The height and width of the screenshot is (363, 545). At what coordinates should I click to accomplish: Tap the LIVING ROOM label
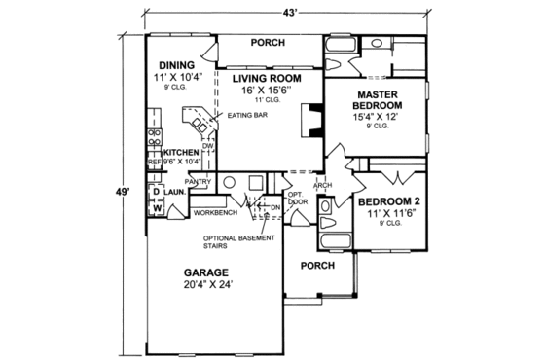[x=266, y=78]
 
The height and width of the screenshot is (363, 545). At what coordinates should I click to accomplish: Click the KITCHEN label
[x=181, y=153]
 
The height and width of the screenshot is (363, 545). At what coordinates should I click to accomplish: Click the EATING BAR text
[x=246, y=116]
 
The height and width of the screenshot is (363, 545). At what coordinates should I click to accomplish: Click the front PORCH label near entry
[x=317, y=265]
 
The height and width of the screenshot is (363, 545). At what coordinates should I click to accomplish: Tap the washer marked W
[x=156, y=207]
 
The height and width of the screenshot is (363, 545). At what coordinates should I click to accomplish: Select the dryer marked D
[x=156, y=192]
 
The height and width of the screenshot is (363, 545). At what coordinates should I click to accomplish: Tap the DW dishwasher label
[x=206, y=146]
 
